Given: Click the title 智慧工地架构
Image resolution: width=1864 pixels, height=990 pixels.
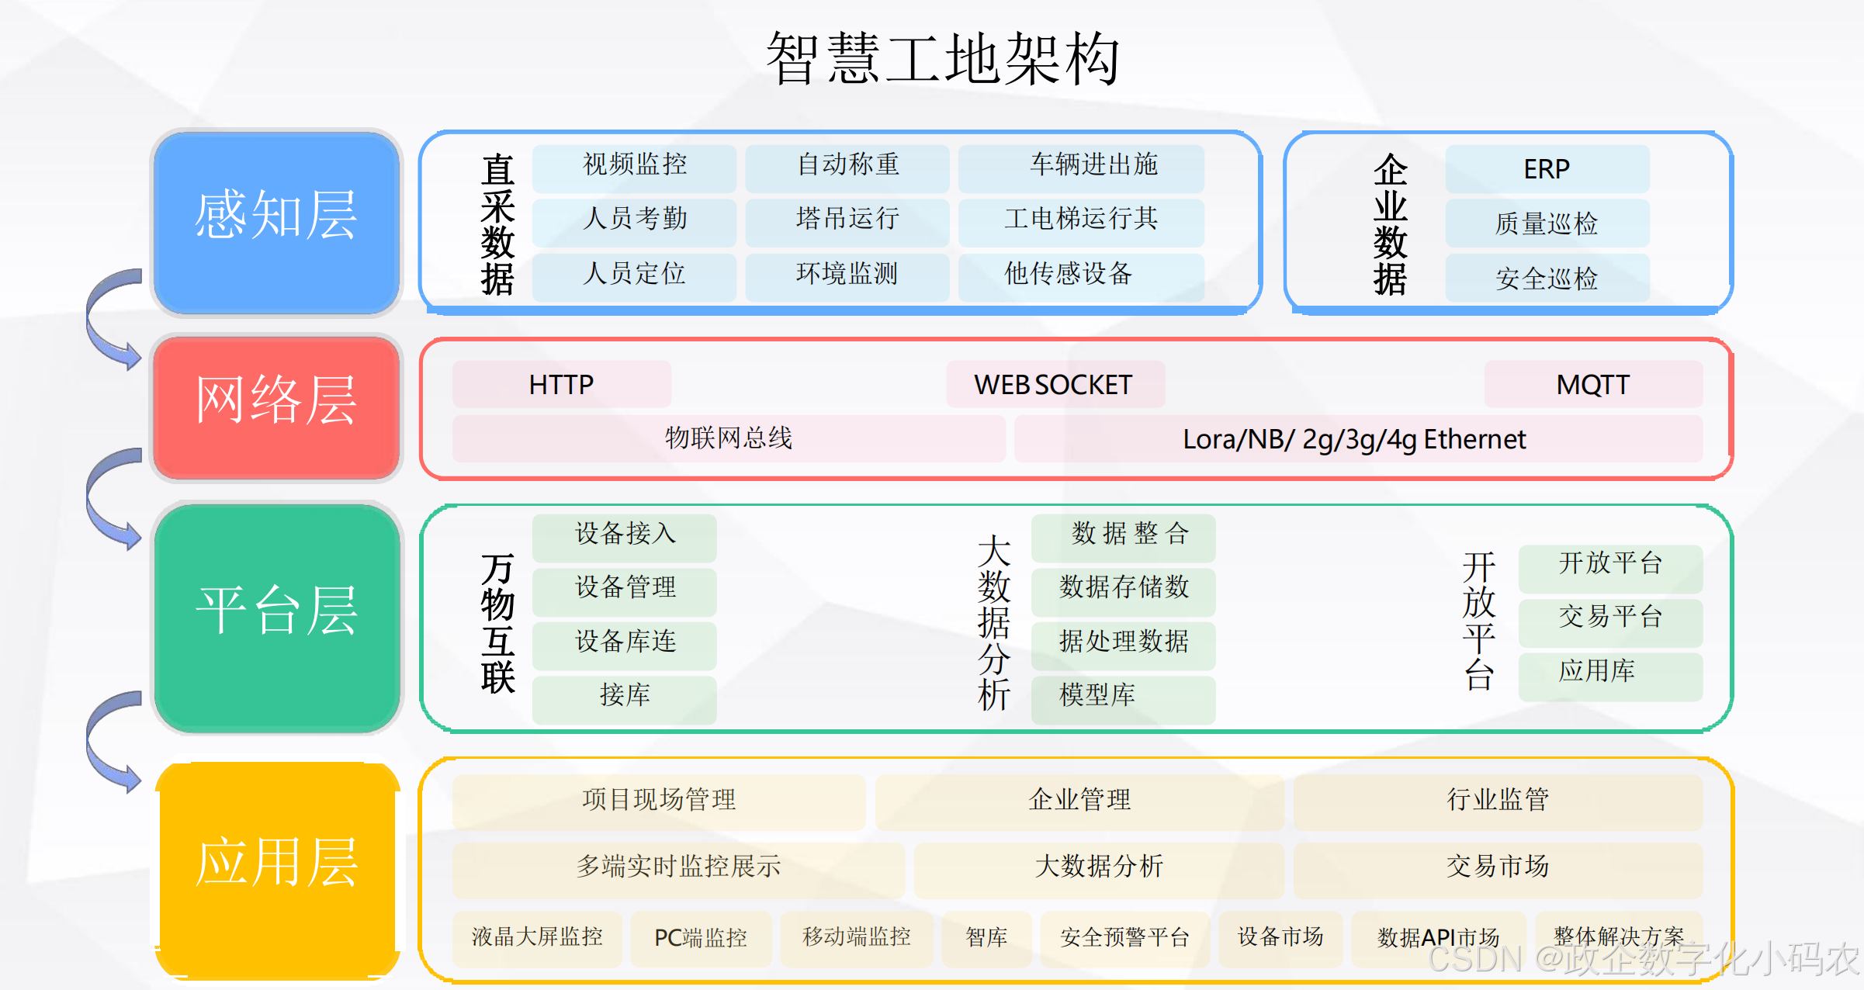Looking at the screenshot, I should click(x=942, y=59).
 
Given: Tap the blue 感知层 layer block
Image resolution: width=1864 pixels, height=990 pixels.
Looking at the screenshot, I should click(x=276, y=222).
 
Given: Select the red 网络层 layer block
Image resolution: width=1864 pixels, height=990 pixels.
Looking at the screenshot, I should click(x=276, y=407).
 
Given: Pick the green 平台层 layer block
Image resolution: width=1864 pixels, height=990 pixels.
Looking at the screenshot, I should click(x=276, y=618).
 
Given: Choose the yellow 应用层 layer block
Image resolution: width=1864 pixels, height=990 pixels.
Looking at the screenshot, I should click(x=276, y=869).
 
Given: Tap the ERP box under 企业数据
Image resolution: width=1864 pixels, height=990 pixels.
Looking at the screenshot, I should click(x=1547, y=169).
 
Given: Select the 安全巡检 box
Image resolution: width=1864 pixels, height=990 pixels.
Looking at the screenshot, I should click(x=1547, y=278).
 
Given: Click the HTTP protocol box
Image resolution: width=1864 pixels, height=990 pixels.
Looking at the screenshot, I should click(x=561, y=385).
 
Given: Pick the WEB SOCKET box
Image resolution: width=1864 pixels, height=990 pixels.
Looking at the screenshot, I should click(x=1055, y=385).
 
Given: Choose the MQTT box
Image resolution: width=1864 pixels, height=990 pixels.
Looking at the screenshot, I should click(x=1593, y=385).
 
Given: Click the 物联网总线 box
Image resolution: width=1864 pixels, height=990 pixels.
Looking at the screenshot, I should click(x=728, y=439).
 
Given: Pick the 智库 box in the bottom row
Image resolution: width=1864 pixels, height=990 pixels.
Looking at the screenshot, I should click(x=986, y=939).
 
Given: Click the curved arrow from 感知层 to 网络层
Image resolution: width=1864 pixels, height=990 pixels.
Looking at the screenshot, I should click(x=109, y=318).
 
